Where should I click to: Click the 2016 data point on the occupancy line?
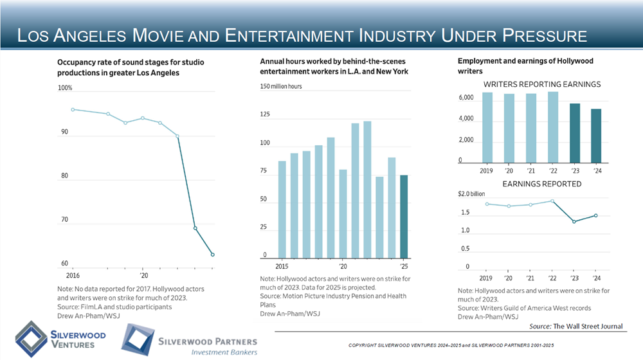click(x=73, y=109)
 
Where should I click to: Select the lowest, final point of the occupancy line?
click(x=213, y=255)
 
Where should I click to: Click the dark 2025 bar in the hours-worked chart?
click(x=404, y=216)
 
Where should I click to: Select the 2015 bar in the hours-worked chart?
click(x=282, y=209)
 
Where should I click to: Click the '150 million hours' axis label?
click(x=281, y=86)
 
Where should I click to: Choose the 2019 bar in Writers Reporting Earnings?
click(x=487, y=127)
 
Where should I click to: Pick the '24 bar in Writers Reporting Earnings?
click(x=595, y=136)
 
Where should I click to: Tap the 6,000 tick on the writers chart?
click(x=466, y=98)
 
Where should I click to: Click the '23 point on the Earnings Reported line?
click(x=574, y=222)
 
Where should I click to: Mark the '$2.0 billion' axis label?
click(x=471, y=194)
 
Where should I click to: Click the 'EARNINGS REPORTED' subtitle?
click(x=541, y=184)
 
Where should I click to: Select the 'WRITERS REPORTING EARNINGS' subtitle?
click(x=541, y=84)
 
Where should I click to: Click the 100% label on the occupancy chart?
click(x=66, y=88)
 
